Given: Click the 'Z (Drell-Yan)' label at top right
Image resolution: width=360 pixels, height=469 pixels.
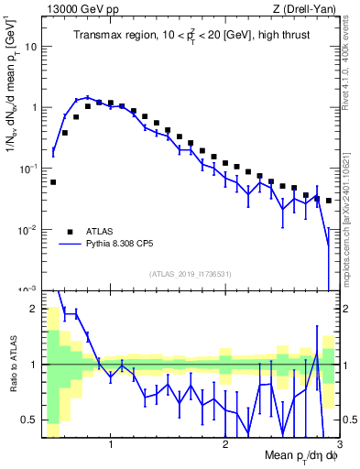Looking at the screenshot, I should click(x=308, y=8).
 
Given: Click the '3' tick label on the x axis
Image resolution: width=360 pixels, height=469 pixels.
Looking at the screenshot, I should click(x=338, y=442).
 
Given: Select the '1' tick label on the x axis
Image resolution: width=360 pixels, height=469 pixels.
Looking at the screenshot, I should click(x=111, y=442).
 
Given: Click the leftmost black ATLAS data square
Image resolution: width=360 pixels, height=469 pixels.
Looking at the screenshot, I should click(x=53, y=182).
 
